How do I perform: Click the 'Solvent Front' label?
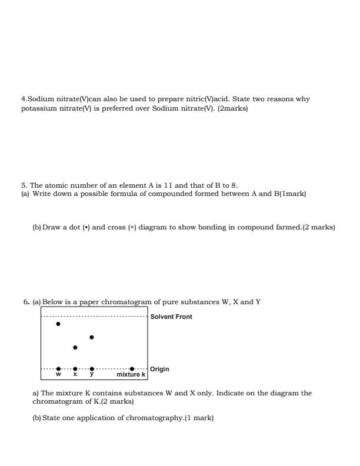pos(171,317)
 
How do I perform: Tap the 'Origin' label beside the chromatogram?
pos(159,369)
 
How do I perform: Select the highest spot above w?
pos(58,324)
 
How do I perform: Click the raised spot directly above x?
pos(75,347)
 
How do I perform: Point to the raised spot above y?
pos(91,337)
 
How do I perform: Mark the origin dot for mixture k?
pos(132,369)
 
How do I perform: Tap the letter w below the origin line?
pos(58,374)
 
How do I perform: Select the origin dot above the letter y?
pos(91,369)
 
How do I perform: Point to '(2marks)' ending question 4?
pos(233,108)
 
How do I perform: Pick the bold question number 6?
pos(26,302)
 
